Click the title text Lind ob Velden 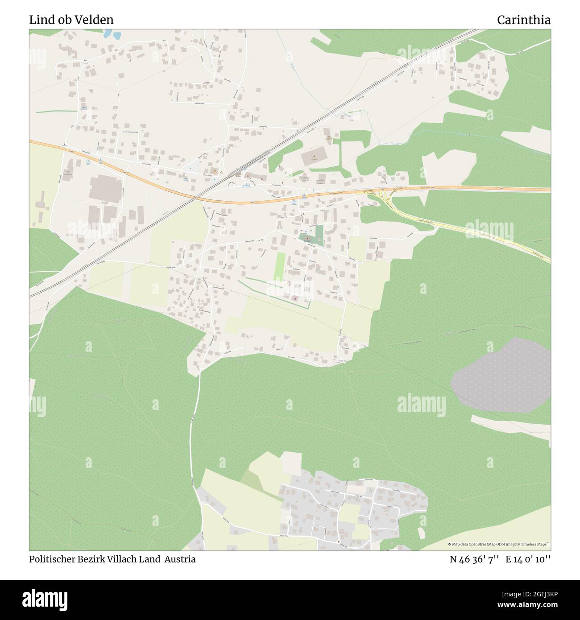[x=71, y=20]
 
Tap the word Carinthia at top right [x=523, y=20]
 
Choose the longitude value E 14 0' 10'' [x=528, y=559]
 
